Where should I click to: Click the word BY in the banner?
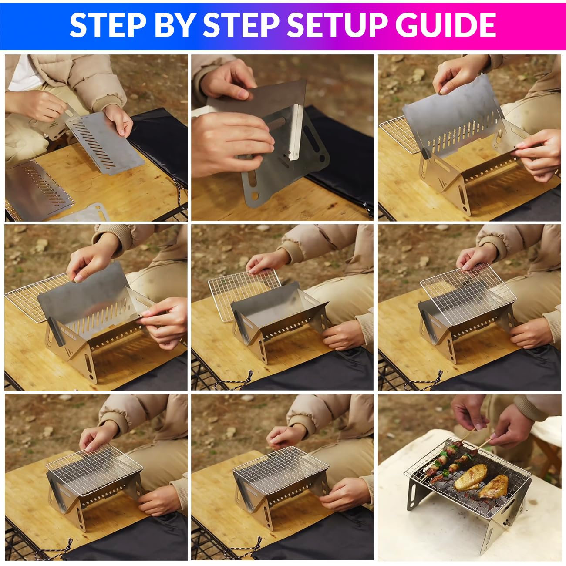175,25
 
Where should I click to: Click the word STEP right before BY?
108,25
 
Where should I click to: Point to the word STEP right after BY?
241,25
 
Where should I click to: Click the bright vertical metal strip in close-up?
295,132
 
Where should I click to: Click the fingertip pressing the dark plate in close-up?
243,94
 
